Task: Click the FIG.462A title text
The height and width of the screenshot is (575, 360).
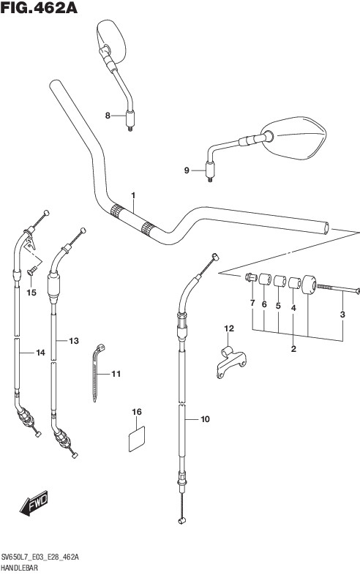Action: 39,8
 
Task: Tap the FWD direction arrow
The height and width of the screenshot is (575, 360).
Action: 34,503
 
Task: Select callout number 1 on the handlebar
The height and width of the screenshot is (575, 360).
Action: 133,195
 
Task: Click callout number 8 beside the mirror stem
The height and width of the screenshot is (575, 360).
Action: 108,116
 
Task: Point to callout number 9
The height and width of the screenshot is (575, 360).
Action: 187,170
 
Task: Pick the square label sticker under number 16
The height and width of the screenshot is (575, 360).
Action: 137,439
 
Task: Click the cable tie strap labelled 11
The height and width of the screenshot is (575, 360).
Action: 96,372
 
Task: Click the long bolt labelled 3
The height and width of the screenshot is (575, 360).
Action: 338,289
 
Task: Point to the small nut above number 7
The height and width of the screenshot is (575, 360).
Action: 251,277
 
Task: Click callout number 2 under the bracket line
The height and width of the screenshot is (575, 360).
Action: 293,349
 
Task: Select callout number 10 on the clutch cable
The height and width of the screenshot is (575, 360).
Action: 205,418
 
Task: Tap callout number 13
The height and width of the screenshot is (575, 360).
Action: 74,341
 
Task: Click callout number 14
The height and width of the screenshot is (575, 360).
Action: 40,353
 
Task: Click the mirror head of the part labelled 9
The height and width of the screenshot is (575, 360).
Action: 296,138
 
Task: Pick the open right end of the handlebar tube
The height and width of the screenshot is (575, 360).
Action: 326,228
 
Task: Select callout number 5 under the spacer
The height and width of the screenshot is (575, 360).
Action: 278,306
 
